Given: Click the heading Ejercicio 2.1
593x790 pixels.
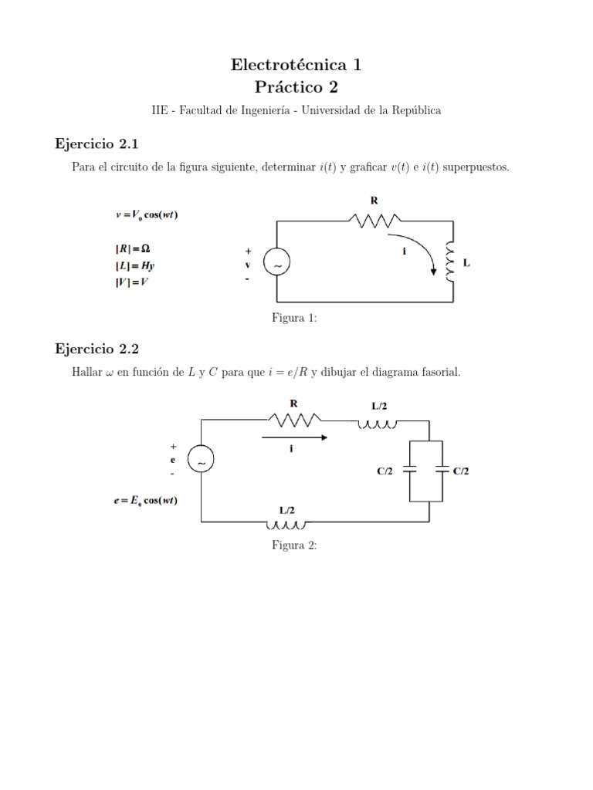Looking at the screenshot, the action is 97,143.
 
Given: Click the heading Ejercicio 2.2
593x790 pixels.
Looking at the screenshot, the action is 97,349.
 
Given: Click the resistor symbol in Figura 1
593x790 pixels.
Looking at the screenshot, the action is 374,221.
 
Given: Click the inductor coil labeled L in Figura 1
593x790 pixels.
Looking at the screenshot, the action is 450,262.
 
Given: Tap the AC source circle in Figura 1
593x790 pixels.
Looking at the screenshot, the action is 276,263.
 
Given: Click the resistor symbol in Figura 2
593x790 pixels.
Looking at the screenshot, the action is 294,420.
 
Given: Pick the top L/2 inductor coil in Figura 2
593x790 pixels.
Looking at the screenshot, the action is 378,423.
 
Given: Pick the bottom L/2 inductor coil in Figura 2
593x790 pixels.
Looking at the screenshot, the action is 286,526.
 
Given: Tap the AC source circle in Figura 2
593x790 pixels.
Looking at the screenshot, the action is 201,461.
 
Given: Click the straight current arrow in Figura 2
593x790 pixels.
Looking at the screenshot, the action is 294,437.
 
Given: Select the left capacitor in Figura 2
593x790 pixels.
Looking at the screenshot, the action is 410,470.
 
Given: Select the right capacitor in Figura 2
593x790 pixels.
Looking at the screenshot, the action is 442,470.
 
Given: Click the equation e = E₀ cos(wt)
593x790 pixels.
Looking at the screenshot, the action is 145,501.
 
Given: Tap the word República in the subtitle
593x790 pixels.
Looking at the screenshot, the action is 415,110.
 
